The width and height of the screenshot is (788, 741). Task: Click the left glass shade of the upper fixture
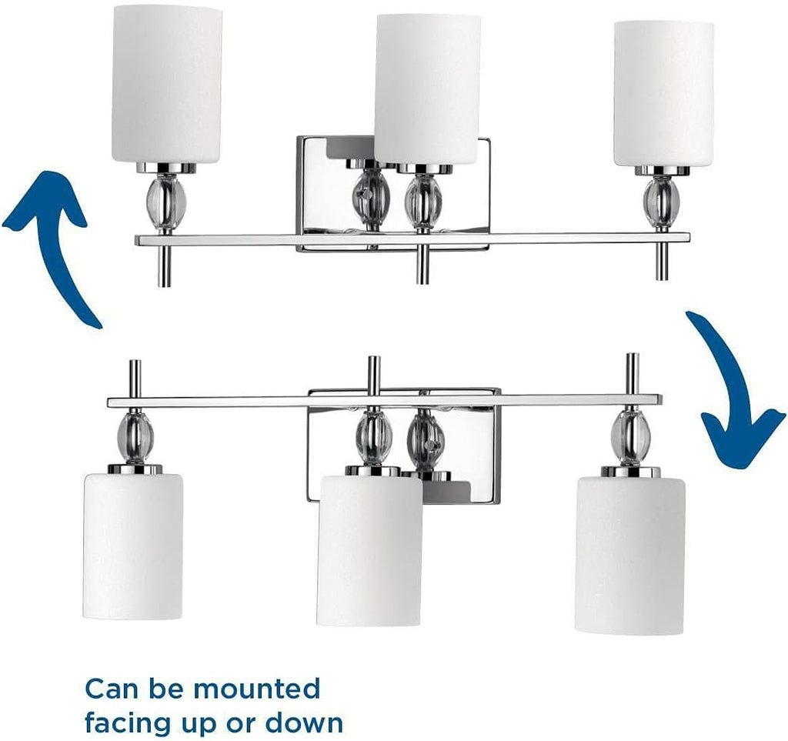coord(166,85)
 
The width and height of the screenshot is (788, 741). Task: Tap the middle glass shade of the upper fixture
coord(428,88)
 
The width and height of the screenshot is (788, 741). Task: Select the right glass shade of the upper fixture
coord(663,94)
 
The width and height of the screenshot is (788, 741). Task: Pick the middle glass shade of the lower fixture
coord(369,550)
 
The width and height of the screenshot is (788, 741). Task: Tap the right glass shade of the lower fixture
coord(630,555)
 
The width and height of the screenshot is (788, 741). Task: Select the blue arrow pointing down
coord(735,390)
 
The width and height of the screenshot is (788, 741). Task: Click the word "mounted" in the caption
coord(256,689)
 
